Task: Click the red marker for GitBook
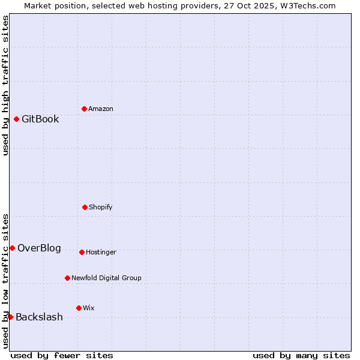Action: (x=16, y=119)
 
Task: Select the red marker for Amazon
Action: (x=84, y=109)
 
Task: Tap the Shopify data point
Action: (x=85, y=207)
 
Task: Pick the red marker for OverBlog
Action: (x=12, y=248)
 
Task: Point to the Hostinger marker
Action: (x=82, y=252)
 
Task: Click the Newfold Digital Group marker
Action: (x=67, y=278)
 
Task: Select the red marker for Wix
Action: (x=79, y=308)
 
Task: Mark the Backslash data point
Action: (x=10, y=317)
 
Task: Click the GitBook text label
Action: (x=40, y=119)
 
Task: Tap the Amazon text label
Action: (x=101, y=109)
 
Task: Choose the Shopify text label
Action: (x=101, y=207)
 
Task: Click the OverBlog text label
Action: (x=39, y=248)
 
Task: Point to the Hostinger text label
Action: (x=101, y=252)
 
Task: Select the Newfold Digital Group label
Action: (x=106, y=278)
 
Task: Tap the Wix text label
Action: (x=89, y=308)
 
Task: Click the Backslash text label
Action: (x=39, y=317)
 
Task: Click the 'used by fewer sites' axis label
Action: (x=62, y=355)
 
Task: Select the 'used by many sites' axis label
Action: (x=301, y=355)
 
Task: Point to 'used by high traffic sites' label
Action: (x=5, y=85)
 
